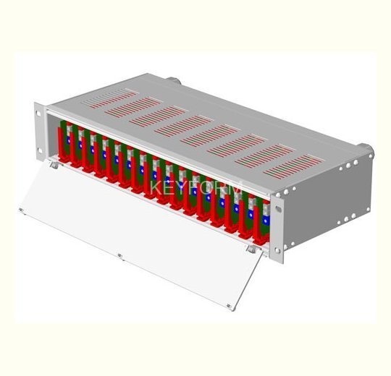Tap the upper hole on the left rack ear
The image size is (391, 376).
click(38, 114)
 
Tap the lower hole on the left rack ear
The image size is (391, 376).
click(39, 150)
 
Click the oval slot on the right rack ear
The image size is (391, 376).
click(278, 209)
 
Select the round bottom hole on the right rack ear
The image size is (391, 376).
click(277, 250)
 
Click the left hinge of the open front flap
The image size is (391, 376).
click(54, 165)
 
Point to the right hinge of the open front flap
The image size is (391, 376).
click(251, 249)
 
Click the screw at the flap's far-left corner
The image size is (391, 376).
click(22, 210)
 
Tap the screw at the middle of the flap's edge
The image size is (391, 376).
click(119, 256)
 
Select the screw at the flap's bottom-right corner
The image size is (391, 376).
click(229, 306)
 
